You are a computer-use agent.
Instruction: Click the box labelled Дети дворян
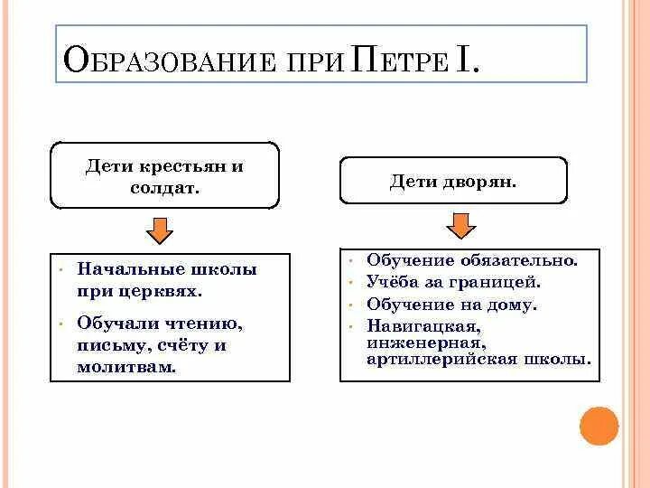(x=453, y=181)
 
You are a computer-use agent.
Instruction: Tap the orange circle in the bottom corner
(x=599, y=427)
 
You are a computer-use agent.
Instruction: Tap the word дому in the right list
(x=513, y=305)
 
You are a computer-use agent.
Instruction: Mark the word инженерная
(x=426, y=343)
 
